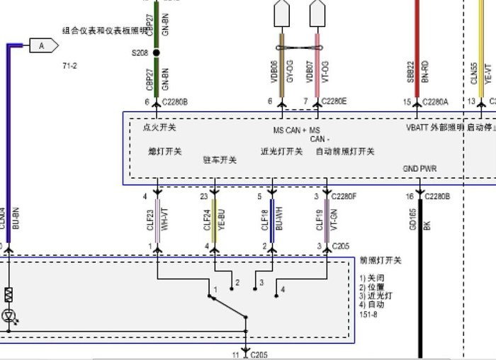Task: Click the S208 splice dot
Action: [157, 52]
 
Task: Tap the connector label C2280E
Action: [334, 102]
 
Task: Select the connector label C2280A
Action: [436, 102]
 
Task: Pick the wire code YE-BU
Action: [222, 220]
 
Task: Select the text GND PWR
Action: [419, 169]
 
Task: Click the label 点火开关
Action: [159, 128]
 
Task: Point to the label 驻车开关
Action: [220, 159]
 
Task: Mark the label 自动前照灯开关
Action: [345, 151]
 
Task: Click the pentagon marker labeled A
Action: [42, 46]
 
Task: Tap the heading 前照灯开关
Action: [381, 260]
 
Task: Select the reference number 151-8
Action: [368, 314]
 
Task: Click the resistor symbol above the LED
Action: [9, 293]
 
